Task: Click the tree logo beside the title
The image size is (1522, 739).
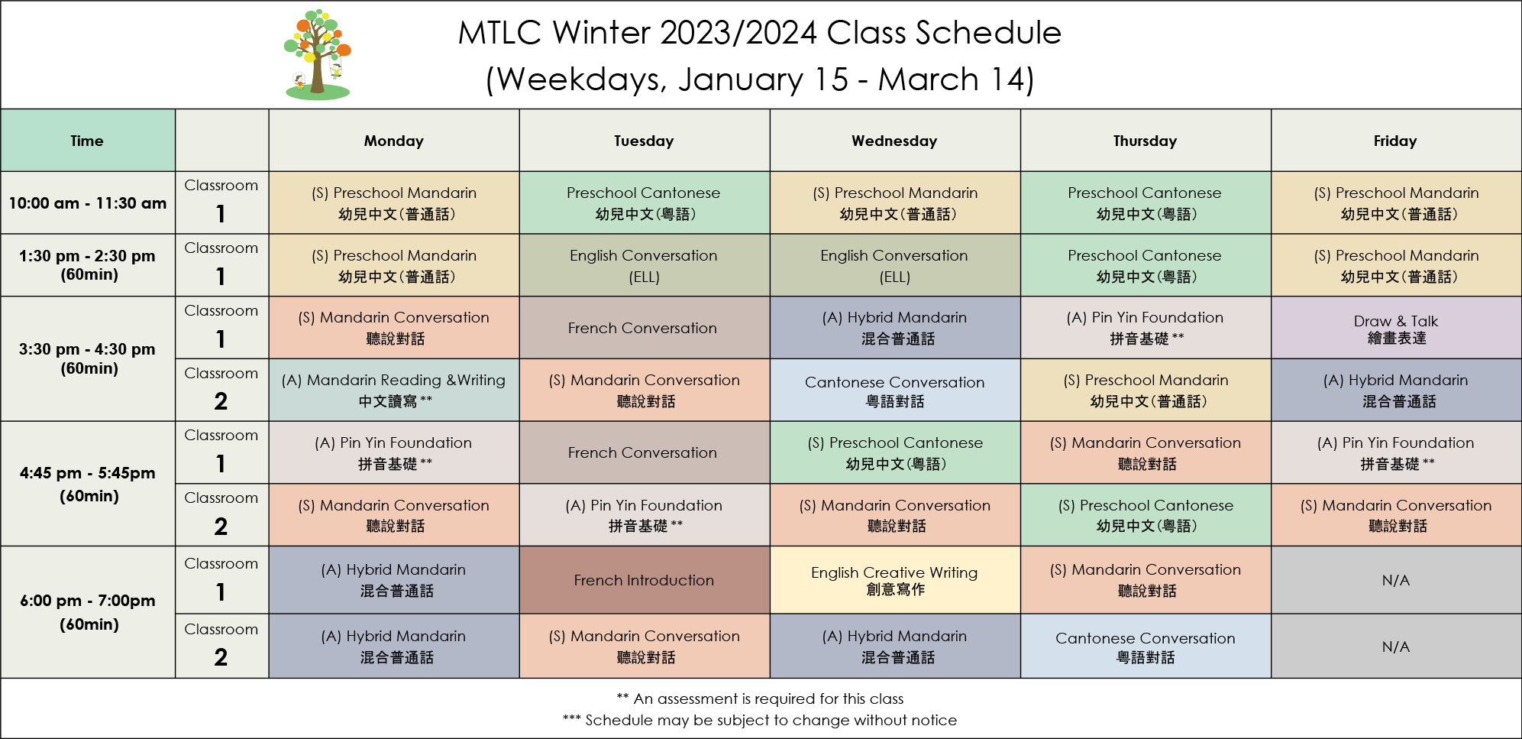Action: coord(317,55)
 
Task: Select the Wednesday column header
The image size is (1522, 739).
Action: coord(895,141)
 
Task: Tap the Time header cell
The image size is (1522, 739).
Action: coord(88,141)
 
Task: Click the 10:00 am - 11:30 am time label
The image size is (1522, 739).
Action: coord(88,203)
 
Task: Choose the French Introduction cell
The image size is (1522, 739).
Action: coord(645,580)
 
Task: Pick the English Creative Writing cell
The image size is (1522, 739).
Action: coord(895,580)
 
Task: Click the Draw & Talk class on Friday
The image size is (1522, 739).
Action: coord(1396,328)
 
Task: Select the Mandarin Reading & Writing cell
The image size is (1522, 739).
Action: coord(394,390)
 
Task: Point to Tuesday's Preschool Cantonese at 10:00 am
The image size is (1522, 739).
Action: coord(645,203)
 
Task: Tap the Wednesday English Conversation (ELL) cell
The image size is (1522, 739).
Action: coord(895,265)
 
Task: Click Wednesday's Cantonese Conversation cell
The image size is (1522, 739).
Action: coord(895,390)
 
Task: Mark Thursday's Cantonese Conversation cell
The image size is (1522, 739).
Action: coord(1146,646)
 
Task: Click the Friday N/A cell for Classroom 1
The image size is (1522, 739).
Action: coord(1396,580)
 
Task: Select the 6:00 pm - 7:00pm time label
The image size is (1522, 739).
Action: coord(88,612)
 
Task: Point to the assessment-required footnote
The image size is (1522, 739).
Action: coord(760,698)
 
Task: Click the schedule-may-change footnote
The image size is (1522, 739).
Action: coord(760,720)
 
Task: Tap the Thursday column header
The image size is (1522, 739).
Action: coord(1146,141)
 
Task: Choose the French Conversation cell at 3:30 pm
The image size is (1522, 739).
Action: coord(645,328)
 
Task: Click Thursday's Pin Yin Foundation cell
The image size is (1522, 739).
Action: coord(1146,328)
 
